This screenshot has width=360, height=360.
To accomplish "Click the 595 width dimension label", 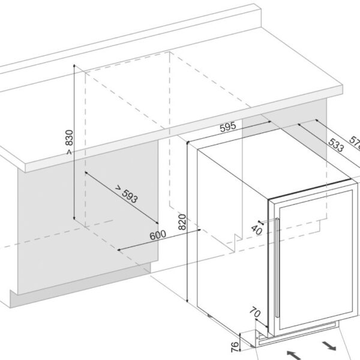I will (226, 127).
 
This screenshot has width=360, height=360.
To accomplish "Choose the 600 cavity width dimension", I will (157, 235).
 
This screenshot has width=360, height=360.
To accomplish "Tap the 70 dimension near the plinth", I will (254, 313).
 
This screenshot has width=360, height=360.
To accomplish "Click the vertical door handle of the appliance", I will (276, 270).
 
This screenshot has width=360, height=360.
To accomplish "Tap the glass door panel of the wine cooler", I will (318, 258).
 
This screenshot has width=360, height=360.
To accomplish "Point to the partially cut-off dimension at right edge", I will (355, 144).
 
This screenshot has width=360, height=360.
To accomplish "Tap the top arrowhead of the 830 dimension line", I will (73, 65).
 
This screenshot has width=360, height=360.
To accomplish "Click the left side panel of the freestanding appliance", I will (228, 240).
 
